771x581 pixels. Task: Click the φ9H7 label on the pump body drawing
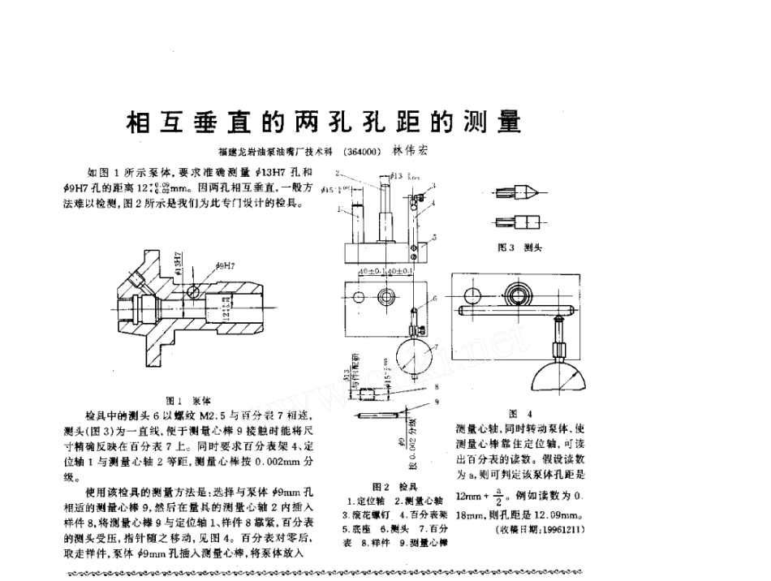point(226,265)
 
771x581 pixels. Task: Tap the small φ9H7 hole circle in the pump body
point(194,290)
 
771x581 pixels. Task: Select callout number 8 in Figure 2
point(437,387)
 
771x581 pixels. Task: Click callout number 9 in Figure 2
point(437,402)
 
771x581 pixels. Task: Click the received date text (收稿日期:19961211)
point(539,529)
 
